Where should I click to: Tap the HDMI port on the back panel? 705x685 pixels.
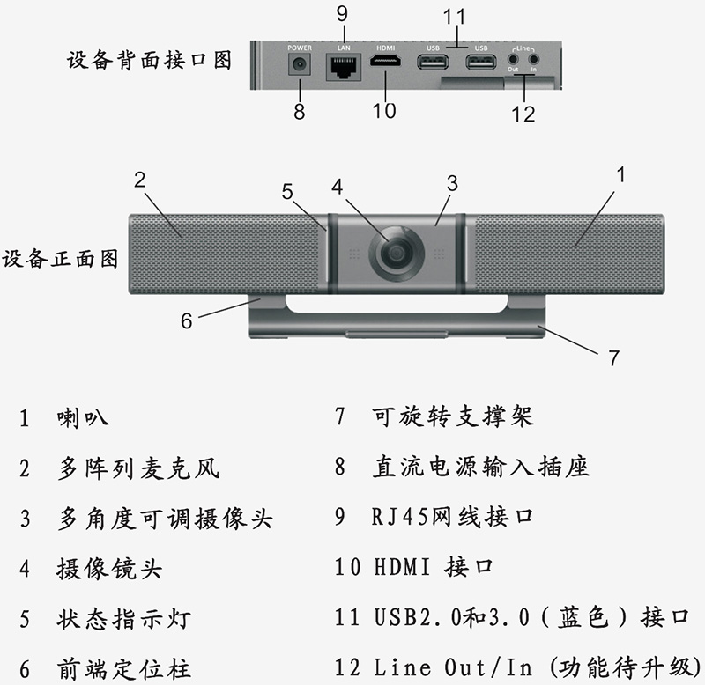386,63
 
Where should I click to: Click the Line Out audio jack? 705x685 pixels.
513,62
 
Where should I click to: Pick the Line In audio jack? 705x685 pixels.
533,62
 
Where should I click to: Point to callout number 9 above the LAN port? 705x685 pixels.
342,13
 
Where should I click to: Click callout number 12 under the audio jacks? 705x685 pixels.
523,114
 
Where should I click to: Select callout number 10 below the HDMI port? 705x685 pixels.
384,110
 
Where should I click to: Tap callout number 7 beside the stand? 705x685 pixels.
613,357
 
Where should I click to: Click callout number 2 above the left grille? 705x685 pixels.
139,180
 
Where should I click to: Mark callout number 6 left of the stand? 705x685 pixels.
186,320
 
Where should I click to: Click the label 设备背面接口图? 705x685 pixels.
149,61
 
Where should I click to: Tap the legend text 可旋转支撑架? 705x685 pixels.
453,416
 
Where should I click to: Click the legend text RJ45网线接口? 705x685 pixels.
452,517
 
